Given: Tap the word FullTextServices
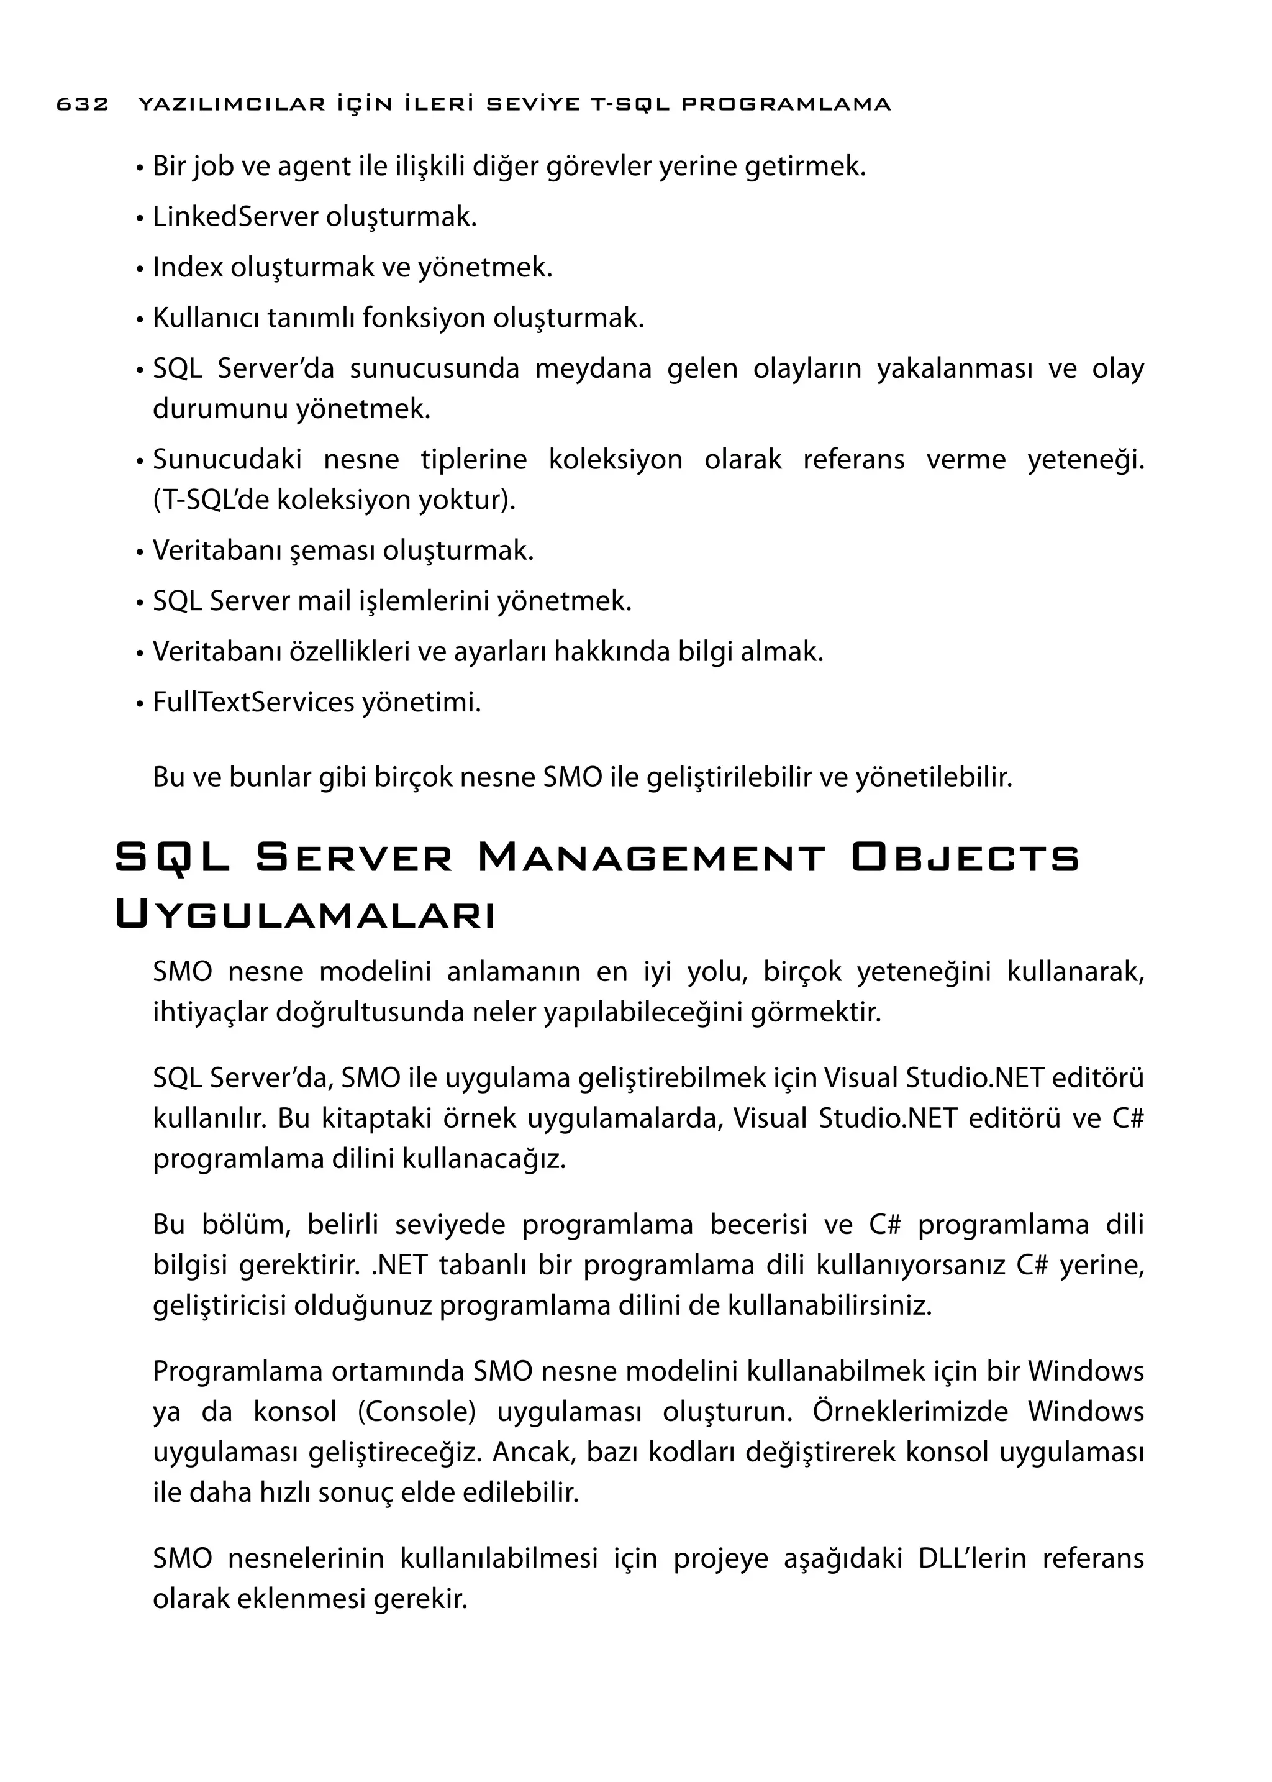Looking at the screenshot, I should [253, 702].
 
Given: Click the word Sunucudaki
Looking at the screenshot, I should [227, 459].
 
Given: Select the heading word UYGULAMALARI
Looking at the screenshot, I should [306, 915].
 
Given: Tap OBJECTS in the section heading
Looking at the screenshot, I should [965, 858].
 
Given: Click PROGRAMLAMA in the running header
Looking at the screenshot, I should [786, 104].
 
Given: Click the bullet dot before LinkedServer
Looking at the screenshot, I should [139, 219].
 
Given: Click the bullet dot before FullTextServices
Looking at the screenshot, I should [139, 705].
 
